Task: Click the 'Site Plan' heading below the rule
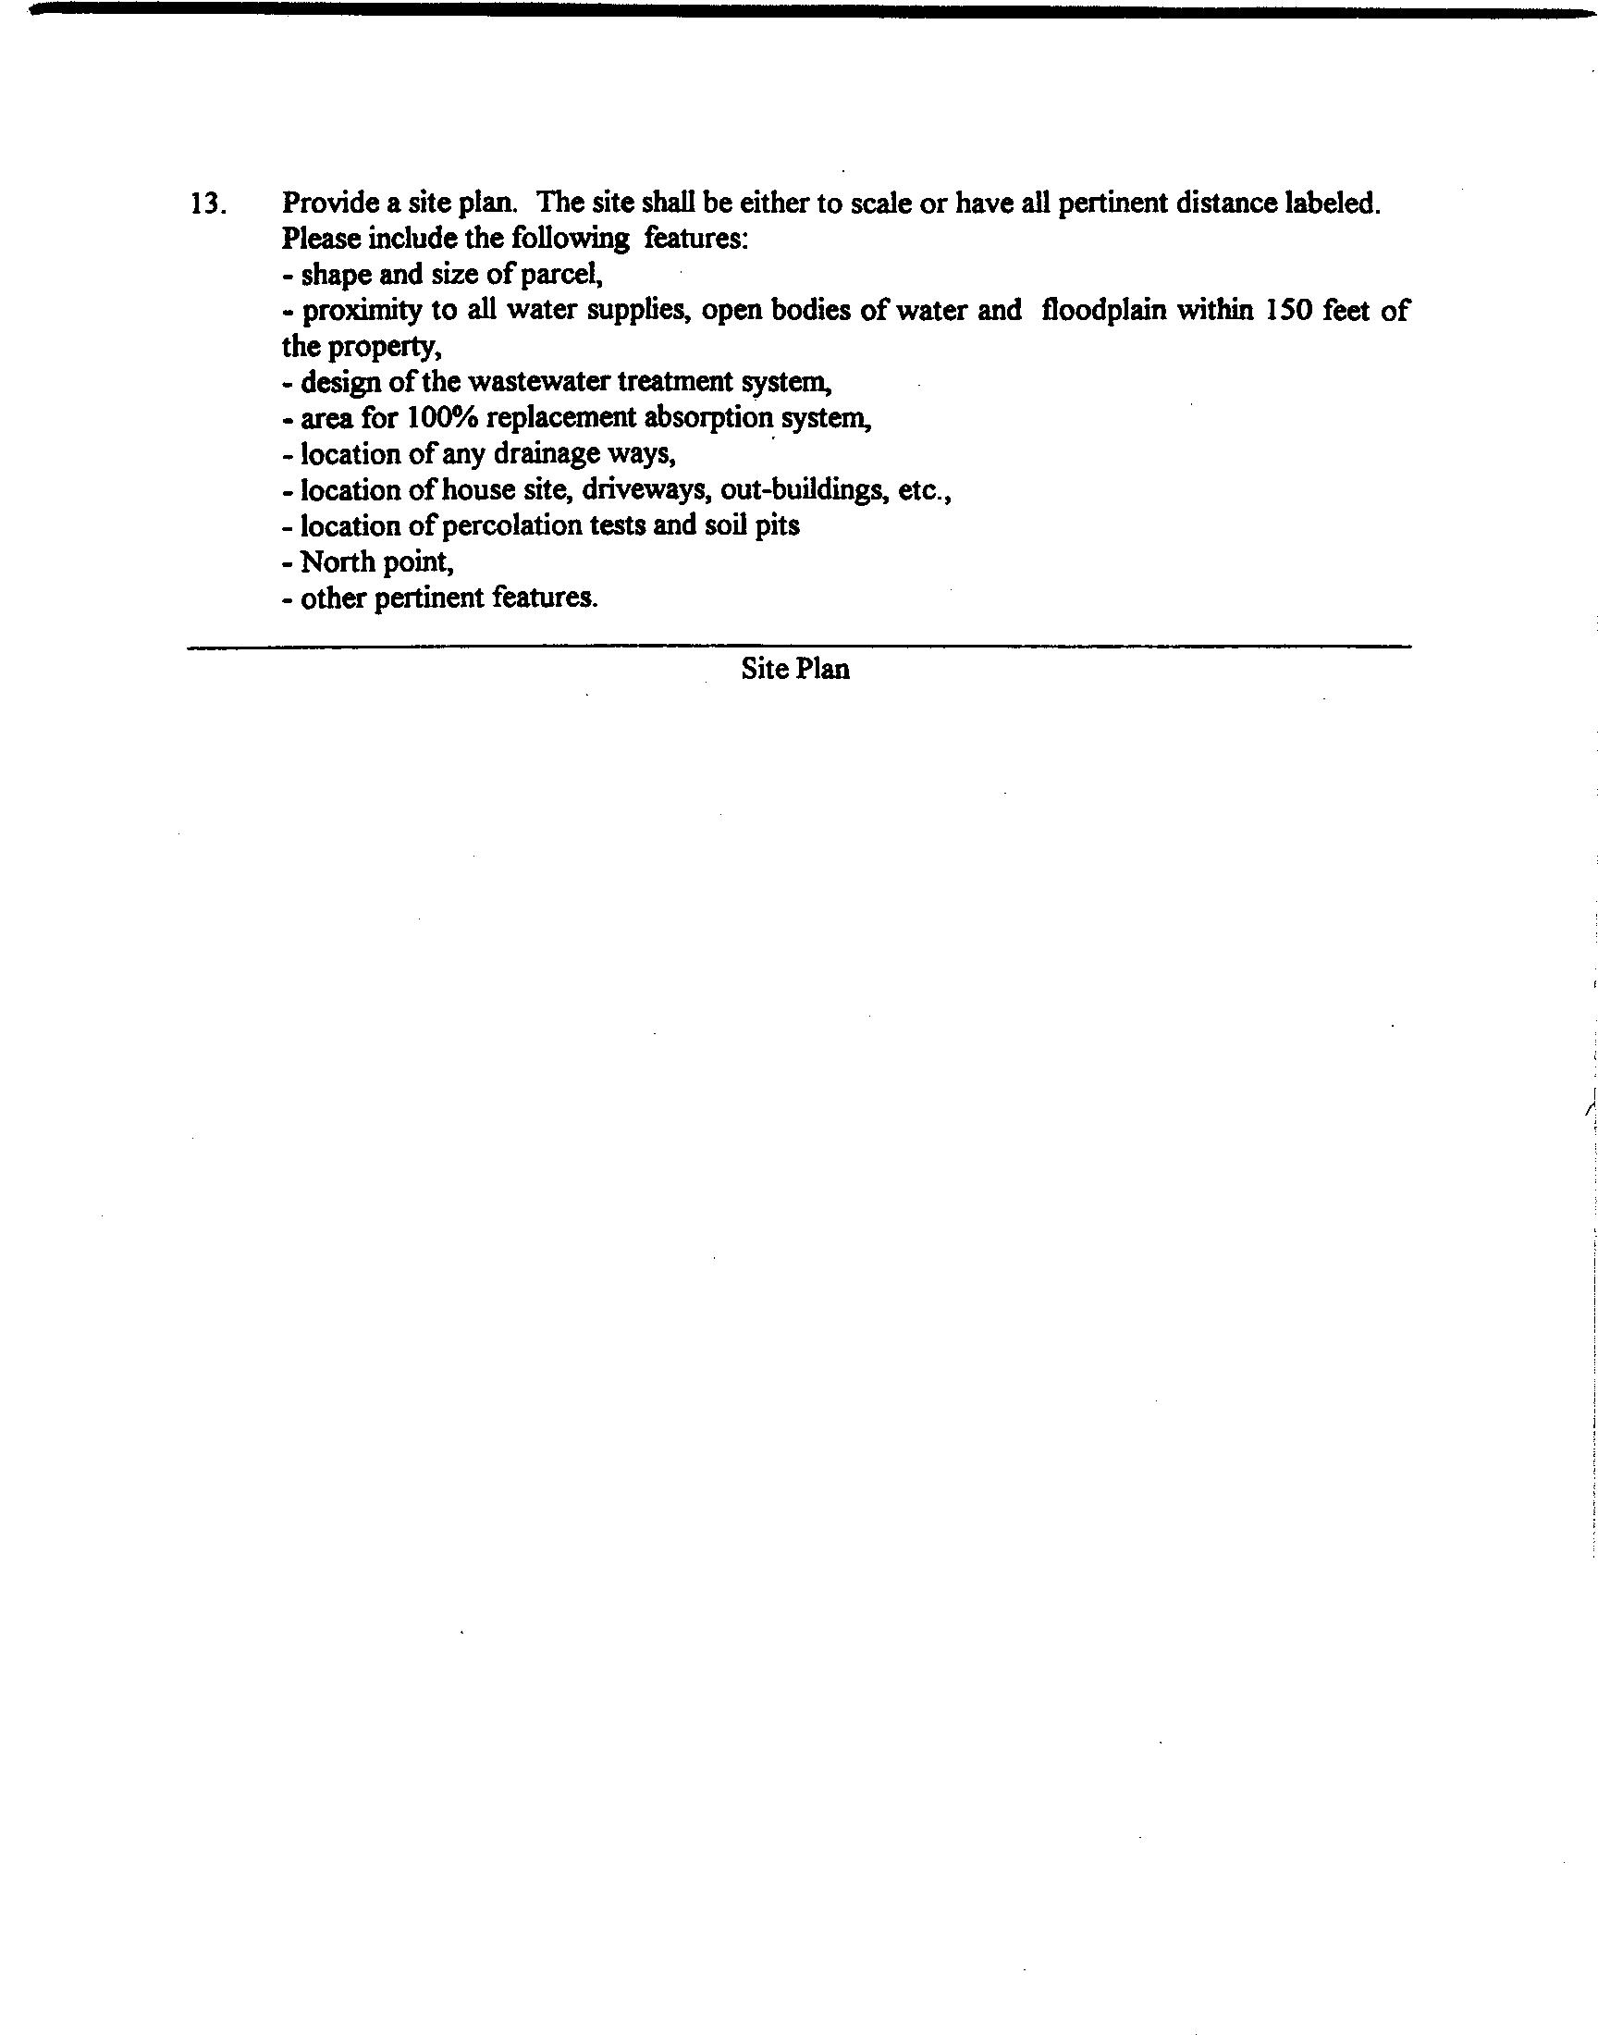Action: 795,669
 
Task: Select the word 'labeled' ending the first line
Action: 1332,203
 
